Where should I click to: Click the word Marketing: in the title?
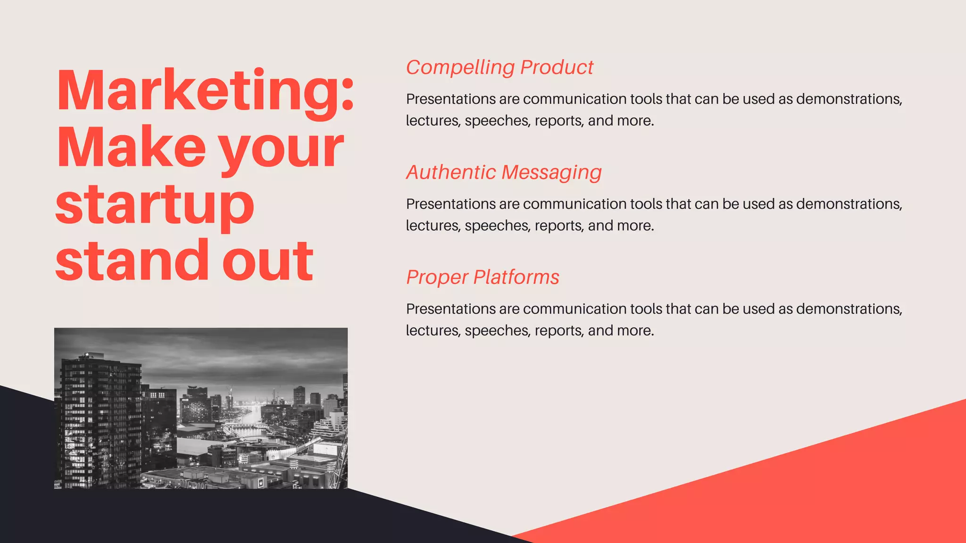click(x=205, y=90)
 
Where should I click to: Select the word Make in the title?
click(x=131, y=147)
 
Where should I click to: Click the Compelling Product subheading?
click(x=500, y=67)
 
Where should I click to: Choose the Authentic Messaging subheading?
click(x=504, y=173)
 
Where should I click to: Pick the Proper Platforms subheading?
click(x=483, y=277)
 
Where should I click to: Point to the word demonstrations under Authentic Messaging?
click(x=849, y=204)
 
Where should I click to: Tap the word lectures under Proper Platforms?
click(x=433, y=331)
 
